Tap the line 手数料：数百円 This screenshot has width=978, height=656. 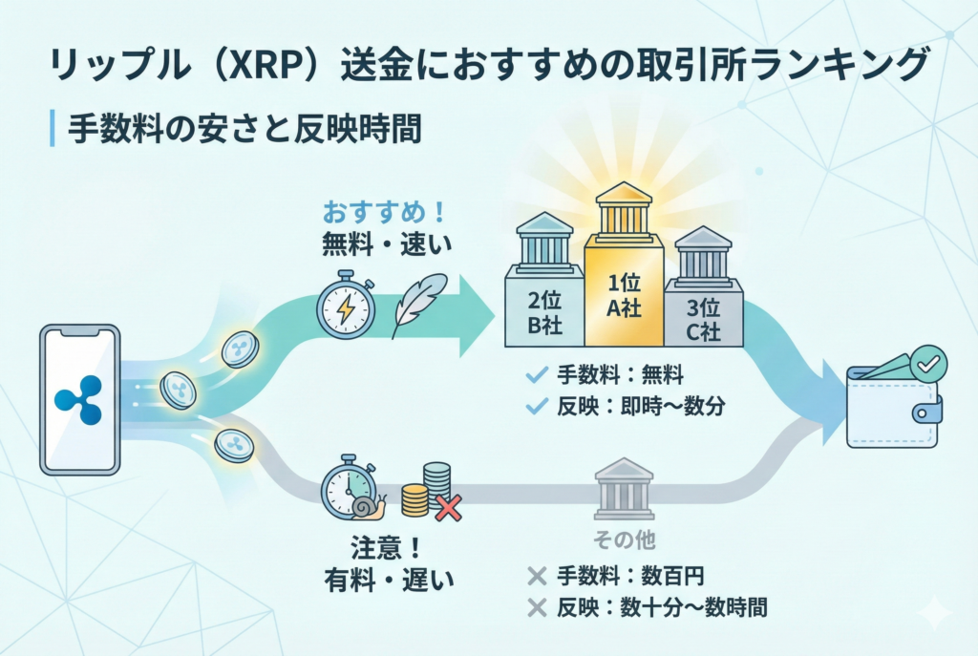click(631, 576)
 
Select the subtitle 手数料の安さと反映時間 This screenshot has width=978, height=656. click(244, 128)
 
